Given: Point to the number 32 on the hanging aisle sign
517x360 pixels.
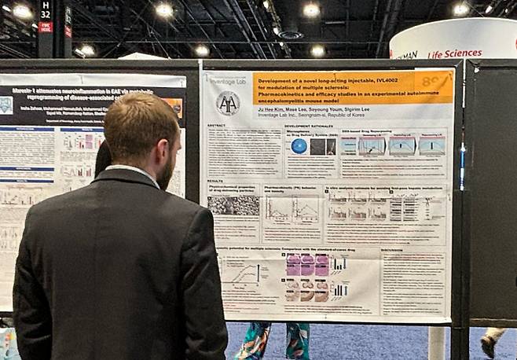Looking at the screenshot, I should (46, 14).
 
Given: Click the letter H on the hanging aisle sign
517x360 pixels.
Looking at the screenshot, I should (46, 4).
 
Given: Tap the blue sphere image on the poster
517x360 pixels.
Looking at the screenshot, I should (299, 146).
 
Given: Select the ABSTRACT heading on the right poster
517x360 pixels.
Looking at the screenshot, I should (217, 126).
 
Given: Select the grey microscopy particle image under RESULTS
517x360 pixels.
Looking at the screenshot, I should (233, 206).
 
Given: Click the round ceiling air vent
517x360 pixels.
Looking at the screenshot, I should (291, 35).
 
